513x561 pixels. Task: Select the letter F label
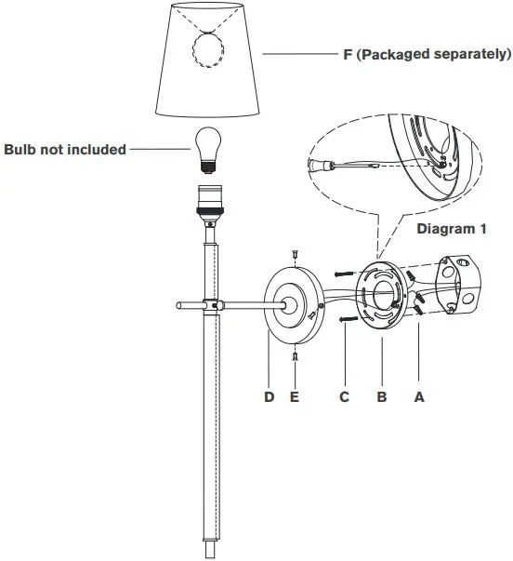pos(348,54)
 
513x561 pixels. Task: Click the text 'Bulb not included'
pos(65,149)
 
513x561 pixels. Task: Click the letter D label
pos(269,396)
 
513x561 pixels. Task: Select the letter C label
pos(344,396)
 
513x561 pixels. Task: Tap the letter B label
pos(381,396)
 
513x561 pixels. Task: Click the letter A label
pos(418,396)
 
